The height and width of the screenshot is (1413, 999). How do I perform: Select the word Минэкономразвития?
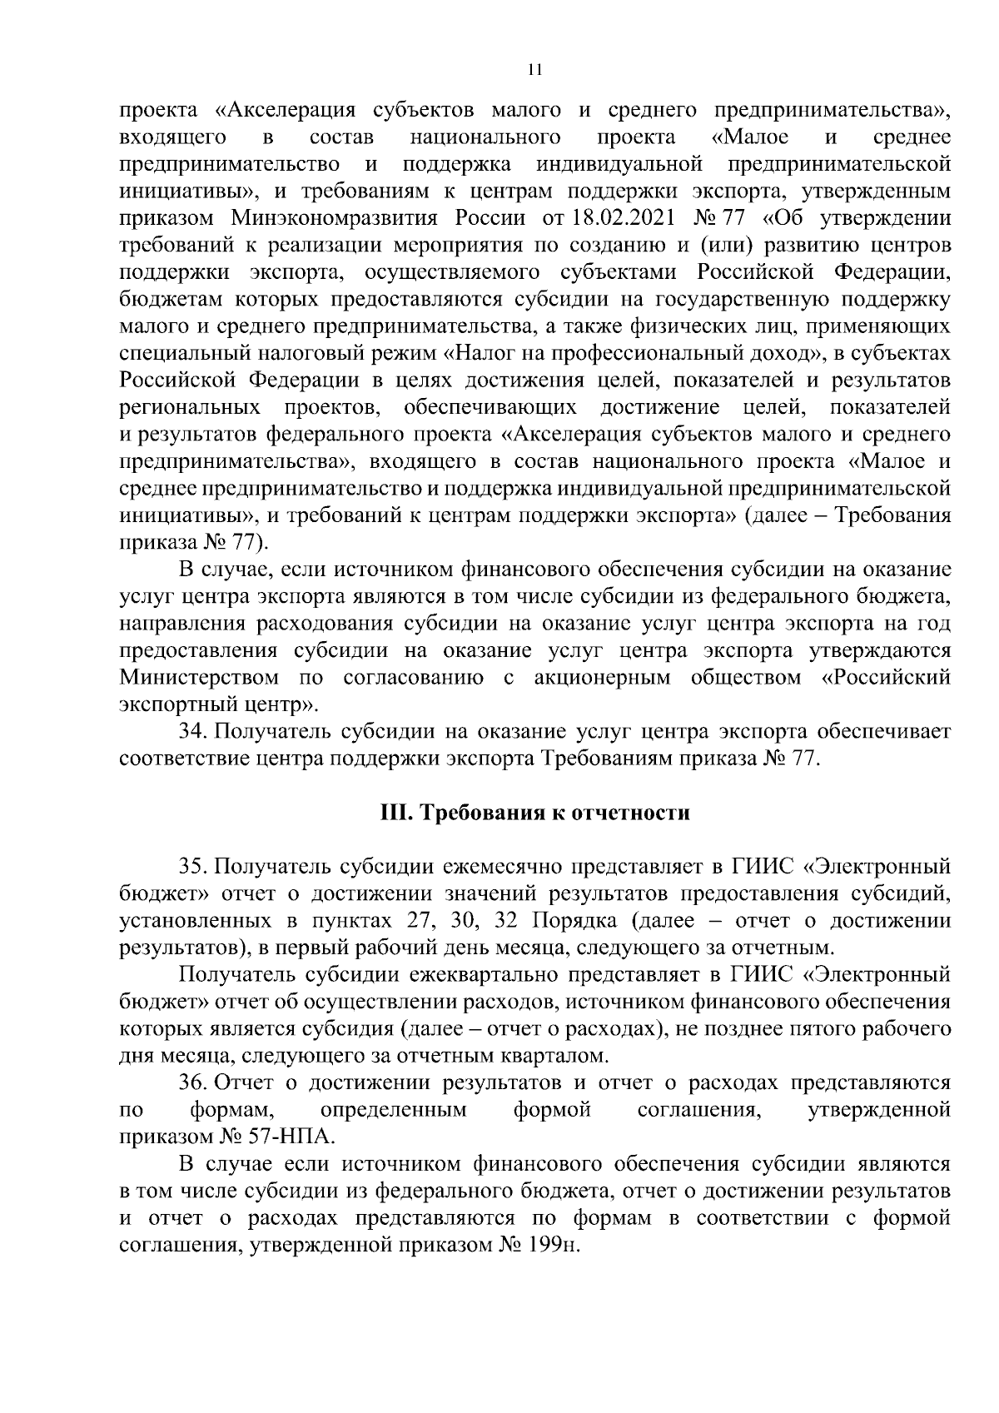(x=342, y=219)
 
